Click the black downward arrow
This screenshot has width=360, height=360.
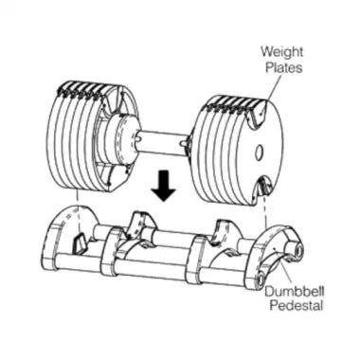pyautogui.click(x=165, y=189)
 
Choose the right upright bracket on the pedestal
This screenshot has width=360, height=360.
pyautogui.click(x=225, y=231)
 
